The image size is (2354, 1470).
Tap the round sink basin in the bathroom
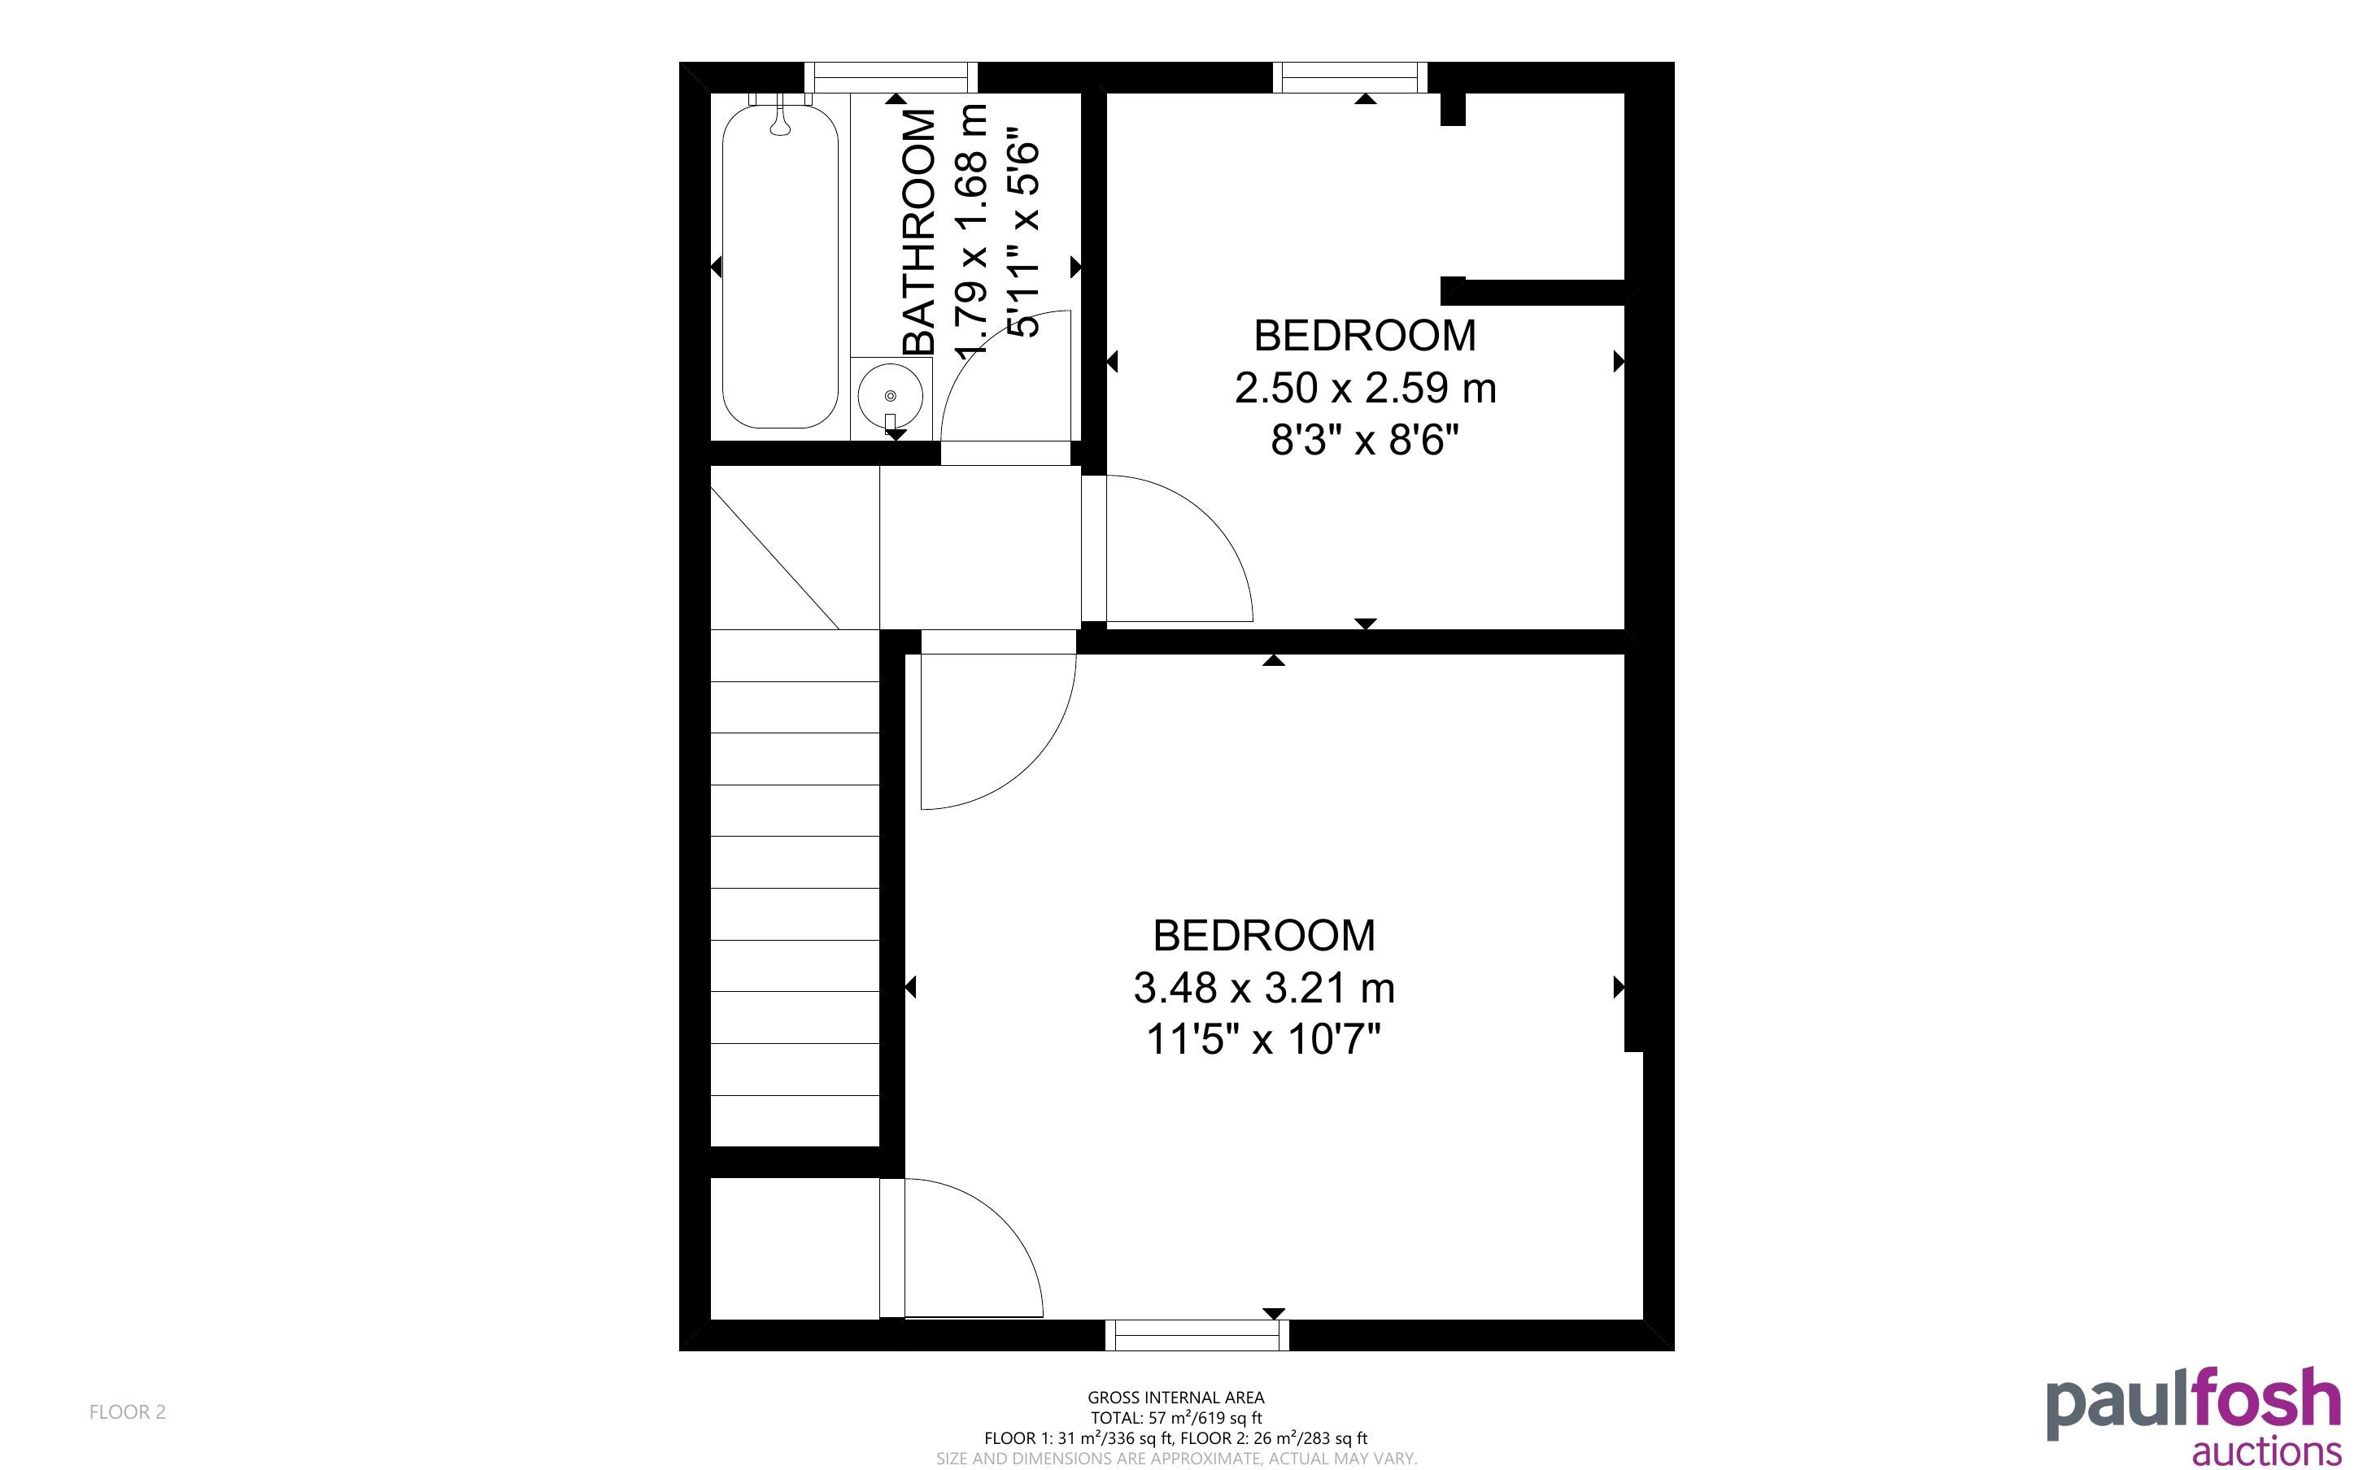coord(891,396)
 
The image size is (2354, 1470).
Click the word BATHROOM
coord(919,232)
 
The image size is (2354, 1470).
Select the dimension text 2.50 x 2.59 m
coord(1365,388)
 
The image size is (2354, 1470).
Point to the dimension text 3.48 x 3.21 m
coord(1264,988)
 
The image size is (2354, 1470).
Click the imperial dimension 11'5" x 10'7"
coord(1264,1040)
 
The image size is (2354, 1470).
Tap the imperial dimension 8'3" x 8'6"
coord(1365,441)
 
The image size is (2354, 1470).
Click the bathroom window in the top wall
coord(891,76)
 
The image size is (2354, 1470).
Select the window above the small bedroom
coord(1350,76)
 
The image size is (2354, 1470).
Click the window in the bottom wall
coord(1197,1335)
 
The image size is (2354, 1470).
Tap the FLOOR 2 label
coord(128,1411)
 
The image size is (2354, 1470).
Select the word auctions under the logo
coord(2266,1452)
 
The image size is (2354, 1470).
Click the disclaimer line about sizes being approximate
coord(1175,1459)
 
